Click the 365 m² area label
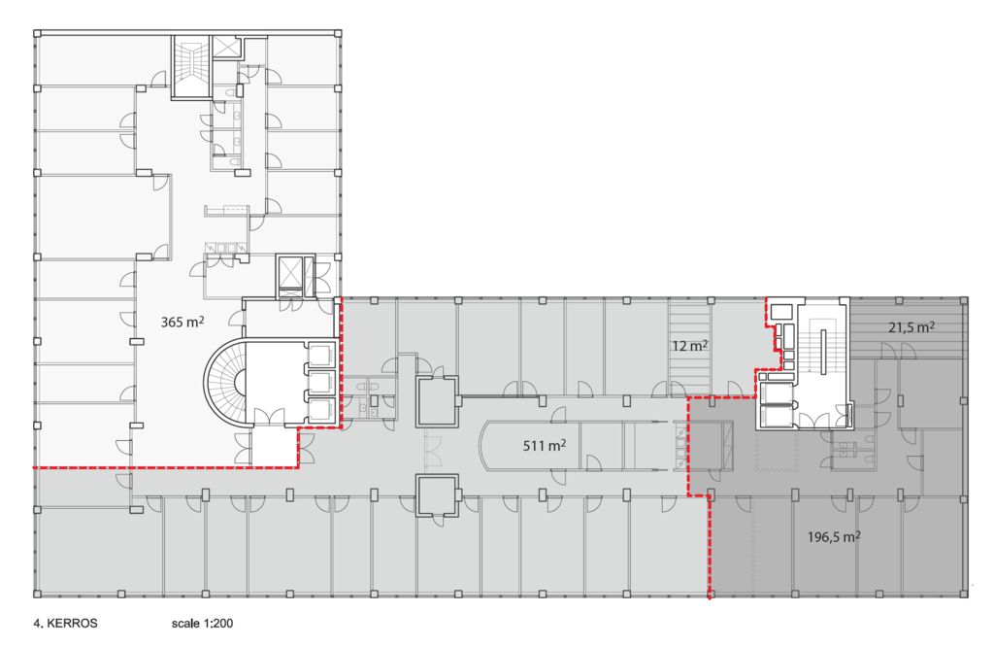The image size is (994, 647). (182, 322)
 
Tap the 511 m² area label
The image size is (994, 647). (545, 445)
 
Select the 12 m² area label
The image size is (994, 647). (690, 347)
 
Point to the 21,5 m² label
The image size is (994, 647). (911, 328)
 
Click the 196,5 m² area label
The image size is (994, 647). (834, 537)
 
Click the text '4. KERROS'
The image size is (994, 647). (65, 623)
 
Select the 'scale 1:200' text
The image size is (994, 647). (202, 623)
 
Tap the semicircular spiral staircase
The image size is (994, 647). (224, 383)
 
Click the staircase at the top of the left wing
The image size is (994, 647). (191, 67)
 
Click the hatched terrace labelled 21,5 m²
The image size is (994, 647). (908, 327)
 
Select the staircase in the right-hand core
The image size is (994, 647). (821, 346)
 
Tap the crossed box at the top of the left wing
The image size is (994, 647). (225, 48)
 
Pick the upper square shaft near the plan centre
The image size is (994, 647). (437, 401)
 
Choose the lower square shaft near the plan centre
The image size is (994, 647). (437, 495)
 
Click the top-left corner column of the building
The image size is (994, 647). (38, 33)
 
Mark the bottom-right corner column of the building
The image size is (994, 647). (964, 594)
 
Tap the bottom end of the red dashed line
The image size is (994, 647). (709, 597)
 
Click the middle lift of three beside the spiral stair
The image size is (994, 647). (318, 382)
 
